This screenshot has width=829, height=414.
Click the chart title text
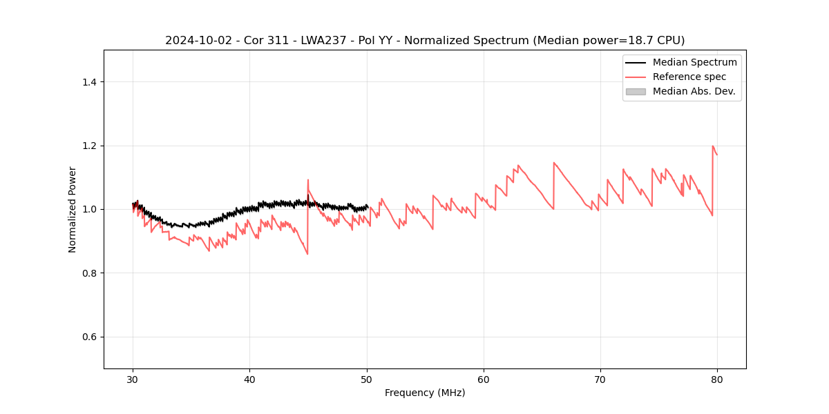(425, 41)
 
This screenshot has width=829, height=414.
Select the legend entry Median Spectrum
(694, 62)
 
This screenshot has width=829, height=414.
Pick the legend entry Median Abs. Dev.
(694, 91)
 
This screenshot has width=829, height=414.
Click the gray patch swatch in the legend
(636, 91)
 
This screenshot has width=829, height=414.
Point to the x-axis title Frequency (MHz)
(425, 393)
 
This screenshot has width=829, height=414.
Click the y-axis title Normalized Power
(73, 209)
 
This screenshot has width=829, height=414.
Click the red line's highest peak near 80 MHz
(713, 146)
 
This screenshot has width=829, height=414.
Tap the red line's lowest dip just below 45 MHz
(307, 254)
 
